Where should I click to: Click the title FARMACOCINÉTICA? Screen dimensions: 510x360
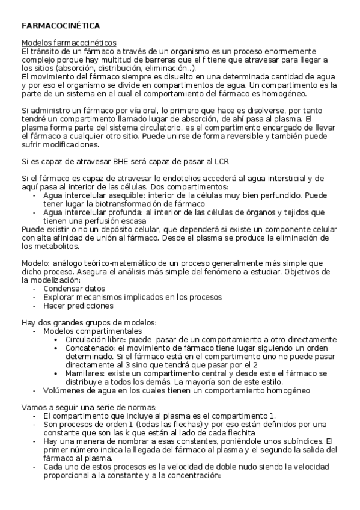61,26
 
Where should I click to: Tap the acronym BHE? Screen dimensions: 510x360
123,162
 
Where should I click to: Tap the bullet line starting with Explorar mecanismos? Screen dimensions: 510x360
124,296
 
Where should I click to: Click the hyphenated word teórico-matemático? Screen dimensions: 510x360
115,263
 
